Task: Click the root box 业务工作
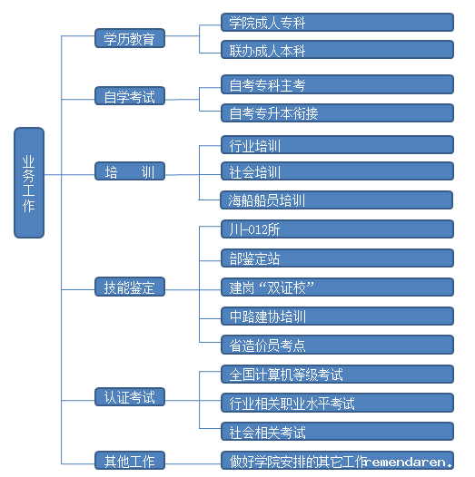(29, 182)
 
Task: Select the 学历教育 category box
(130, 38)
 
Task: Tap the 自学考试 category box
(130, 96)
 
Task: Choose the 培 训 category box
(130, 171)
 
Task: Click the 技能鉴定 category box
(130, 287)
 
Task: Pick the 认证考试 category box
(130, 396)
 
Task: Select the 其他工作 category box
(130, 461)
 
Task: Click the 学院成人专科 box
(337, 22)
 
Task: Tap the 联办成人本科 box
(337, 49)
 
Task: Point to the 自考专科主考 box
(337, 84)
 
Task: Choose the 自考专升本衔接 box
(337, 112)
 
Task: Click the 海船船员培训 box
(337, 200)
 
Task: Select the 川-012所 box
(337, 229)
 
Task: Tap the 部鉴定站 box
(337, 258)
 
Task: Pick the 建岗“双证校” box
(337, 287)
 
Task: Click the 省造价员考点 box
(337, 345)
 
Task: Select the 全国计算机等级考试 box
(337, 374)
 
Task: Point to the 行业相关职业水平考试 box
(337, 403)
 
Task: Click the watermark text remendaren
(409, 462)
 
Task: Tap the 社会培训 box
(337, 171)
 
